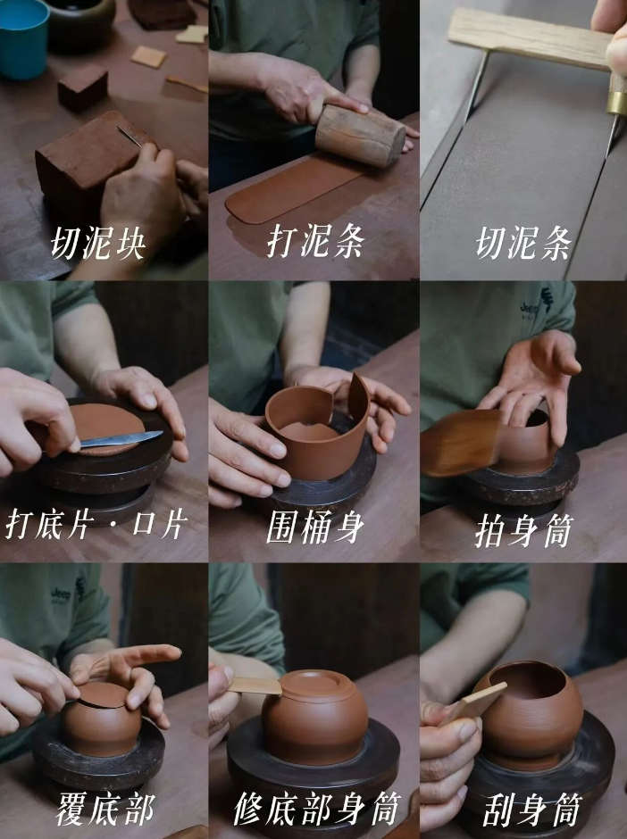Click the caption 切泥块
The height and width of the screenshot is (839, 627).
click(97, 244)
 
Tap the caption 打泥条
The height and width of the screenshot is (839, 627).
click(316, 241)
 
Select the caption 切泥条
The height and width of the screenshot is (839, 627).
click(523, 243)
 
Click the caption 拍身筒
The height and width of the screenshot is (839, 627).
click(524, 530)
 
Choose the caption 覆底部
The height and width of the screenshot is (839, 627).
click(105, 809)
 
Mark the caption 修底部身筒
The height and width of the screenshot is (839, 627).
click(317, 809)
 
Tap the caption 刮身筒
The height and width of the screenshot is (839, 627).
click(531, 810)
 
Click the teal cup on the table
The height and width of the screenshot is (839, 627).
click(23, 38)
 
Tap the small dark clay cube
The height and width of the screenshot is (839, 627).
click(82, 87)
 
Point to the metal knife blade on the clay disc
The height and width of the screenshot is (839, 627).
click(122, 439)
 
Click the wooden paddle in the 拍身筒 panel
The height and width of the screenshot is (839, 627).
click(461, 442)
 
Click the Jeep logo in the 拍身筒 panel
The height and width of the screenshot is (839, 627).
click(529, 309)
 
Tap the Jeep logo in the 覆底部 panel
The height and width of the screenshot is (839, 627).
click(61, 594)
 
